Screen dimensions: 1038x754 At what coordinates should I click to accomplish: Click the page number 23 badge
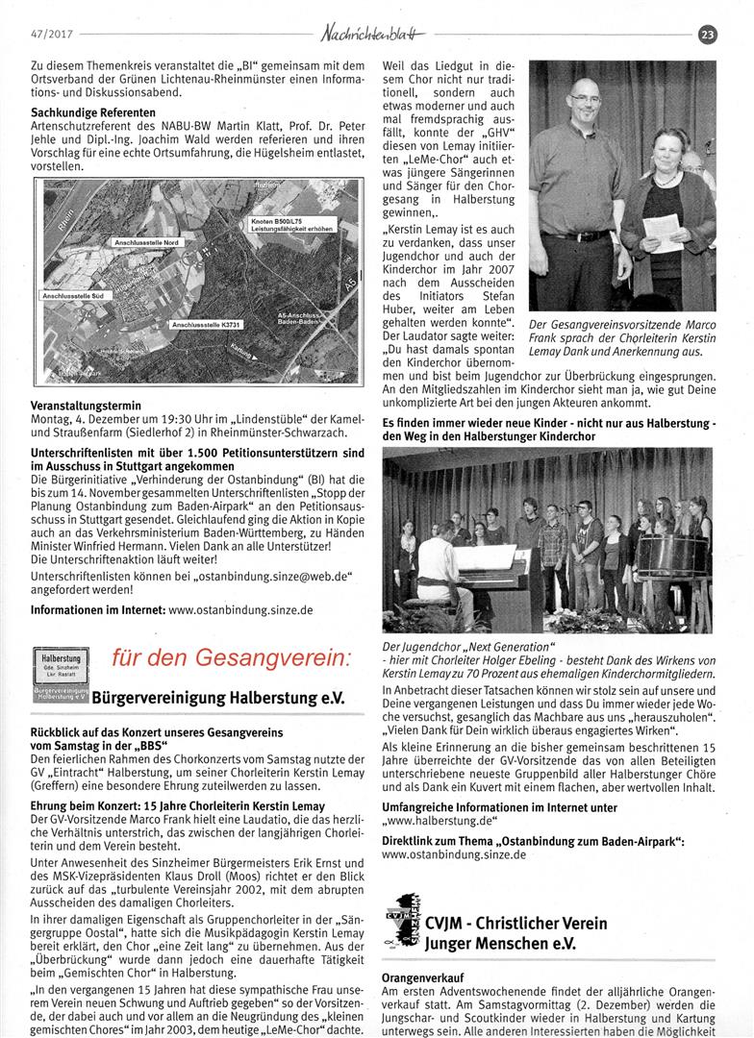[x=709, y=36]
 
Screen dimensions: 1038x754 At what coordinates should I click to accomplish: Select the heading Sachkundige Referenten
[x=88, y=112]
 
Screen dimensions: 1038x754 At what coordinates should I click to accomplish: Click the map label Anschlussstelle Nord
[x=146, y=243]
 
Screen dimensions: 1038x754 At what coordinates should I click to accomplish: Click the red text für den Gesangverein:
[x=231, y=658]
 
